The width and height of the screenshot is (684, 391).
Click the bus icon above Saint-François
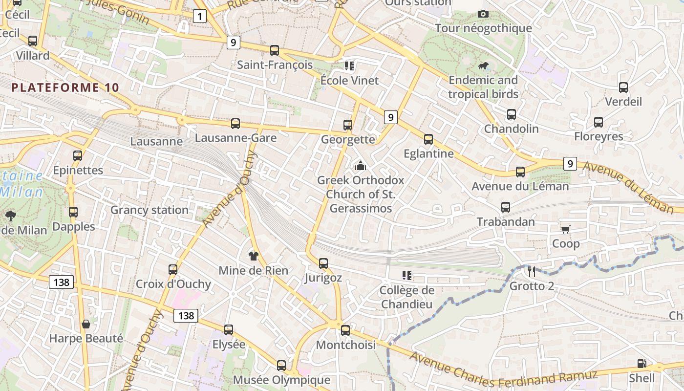[x=275, y=50]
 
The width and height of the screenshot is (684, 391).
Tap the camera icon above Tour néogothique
[x=483, y=14]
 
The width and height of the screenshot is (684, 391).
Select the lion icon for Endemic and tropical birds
[x=483, y=66]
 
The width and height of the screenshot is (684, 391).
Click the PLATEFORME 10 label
[x=65, y=87]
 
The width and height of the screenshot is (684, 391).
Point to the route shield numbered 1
[x=199, y=17]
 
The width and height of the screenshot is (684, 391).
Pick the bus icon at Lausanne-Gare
[x=235, y=124]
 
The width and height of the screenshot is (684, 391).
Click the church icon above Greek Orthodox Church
[x=361, y=166]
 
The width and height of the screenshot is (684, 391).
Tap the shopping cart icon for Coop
[x=566, y=229]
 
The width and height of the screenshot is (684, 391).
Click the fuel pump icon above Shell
[x=641, y=364]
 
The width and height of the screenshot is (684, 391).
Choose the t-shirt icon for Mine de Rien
[x=253, y=256]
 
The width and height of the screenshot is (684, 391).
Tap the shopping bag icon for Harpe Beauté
[x=86, y=324]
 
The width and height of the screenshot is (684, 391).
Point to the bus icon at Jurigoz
[x=323, y=263]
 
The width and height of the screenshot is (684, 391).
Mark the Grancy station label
[x=149, y=210]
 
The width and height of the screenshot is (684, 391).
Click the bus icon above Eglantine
[x=428, y=139]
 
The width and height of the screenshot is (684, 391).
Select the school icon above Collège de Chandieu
[x=406, y=276]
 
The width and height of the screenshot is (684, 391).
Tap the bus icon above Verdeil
[x=623, y=87]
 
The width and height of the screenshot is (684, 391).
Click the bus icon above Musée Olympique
[x=281, y=365]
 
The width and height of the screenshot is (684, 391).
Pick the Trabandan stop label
[x=506, y=222]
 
